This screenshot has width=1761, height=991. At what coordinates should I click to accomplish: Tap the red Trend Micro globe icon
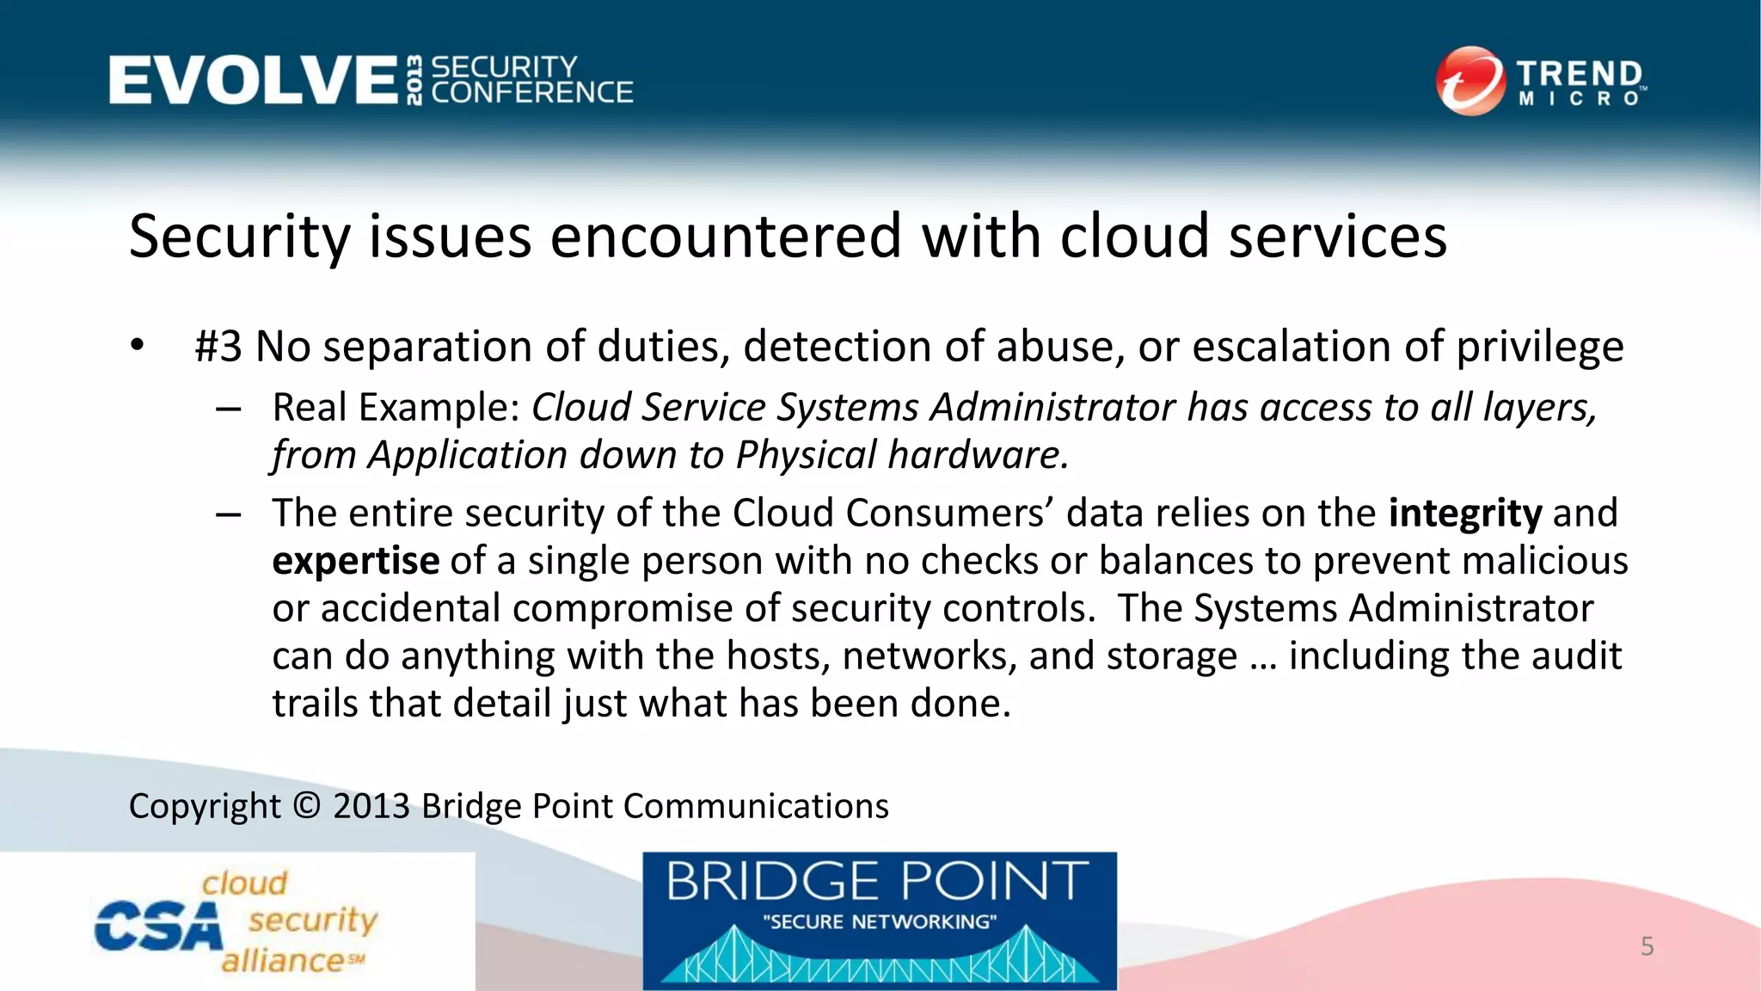1470,81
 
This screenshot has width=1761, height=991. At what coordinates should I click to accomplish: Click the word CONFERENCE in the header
532,93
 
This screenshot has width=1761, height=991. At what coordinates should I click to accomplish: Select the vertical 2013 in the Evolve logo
414,80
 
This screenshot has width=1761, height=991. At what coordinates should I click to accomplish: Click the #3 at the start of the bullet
218,347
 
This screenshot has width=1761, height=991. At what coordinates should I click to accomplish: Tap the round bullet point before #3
138,346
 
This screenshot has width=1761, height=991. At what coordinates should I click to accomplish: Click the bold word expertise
356,561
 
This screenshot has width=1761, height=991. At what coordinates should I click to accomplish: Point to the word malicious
1544,561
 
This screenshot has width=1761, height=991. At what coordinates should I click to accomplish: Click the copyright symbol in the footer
306,806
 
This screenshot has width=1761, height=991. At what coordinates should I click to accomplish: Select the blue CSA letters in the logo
157,927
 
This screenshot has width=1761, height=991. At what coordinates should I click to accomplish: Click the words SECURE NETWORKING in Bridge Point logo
879,922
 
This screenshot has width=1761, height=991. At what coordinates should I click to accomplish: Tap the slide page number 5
1647,946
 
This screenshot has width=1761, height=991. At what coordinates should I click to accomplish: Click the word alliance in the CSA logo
283,960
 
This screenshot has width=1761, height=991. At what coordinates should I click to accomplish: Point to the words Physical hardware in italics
902,455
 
